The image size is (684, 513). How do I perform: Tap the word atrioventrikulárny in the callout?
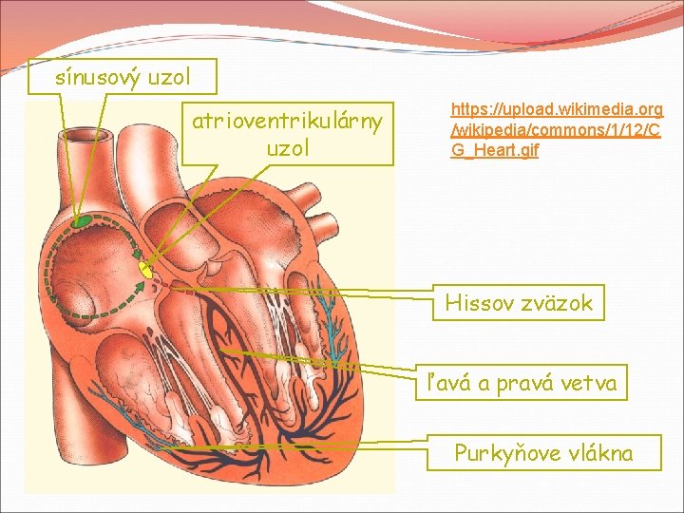(287, 121)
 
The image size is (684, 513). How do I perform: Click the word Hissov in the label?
(478, 304)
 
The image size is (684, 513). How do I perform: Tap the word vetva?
(591, 384)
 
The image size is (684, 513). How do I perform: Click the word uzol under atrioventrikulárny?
(287, 149)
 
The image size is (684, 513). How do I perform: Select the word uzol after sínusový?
(170, 77)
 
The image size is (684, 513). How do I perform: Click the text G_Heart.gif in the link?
(494, 150)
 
